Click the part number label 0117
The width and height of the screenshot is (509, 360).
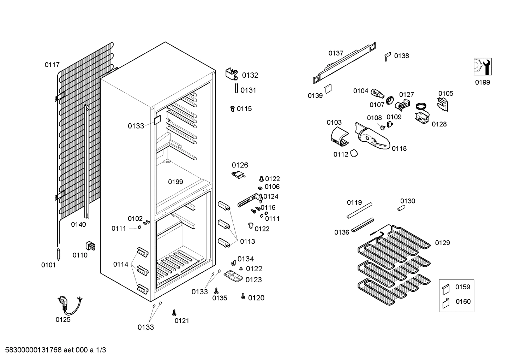52,65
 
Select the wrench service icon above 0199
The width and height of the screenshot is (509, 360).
482,66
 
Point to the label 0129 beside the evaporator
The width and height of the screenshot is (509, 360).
442,243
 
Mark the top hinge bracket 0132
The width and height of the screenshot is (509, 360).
232,74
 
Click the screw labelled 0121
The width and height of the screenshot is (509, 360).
174,313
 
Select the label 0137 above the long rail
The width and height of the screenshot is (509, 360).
336,53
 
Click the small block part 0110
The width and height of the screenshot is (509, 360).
91,245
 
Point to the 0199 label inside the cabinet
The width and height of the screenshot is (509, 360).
175,182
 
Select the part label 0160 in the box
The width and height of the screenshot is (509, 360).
463,301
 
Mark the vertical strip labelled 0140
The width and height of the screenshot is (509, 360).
86,163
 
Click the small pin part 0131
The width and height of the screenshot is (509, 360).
236,88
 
